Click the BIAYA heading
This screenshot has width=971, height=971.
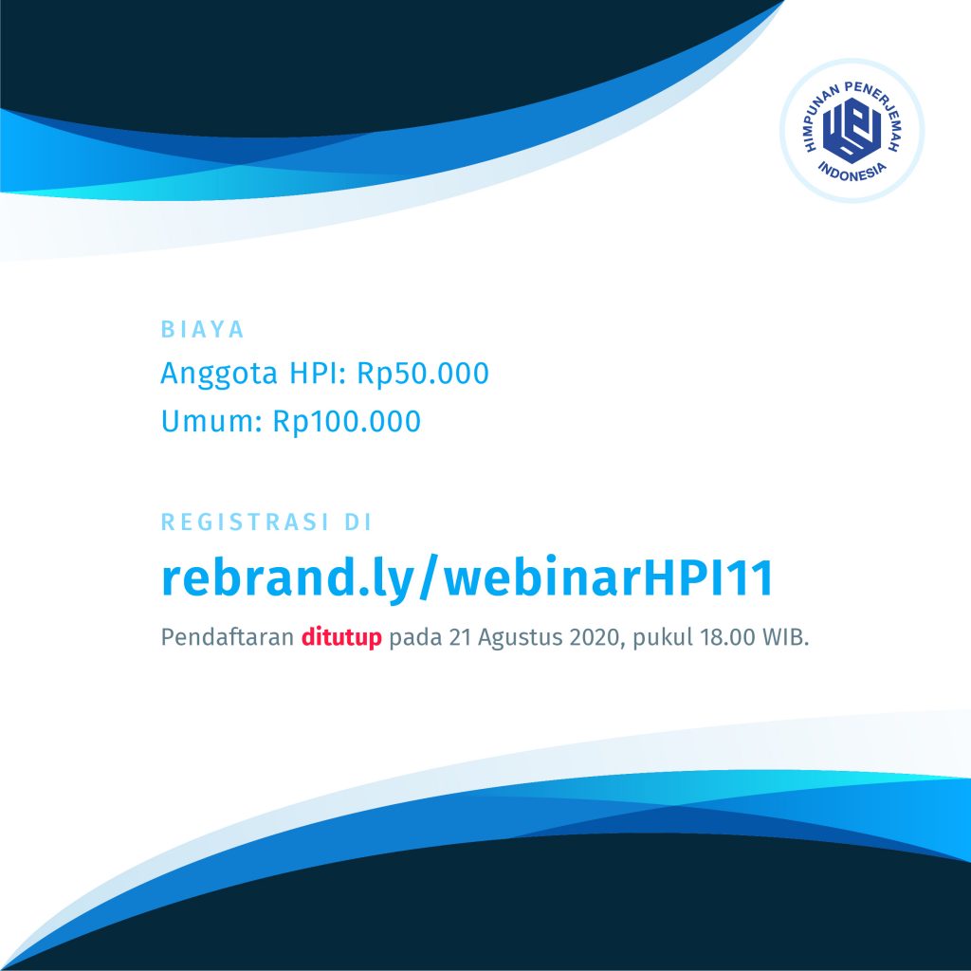[203, 329]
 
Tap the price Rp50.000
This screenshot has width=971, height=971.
[423, 373]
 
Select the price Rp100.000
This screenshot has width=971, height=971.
[347, 421]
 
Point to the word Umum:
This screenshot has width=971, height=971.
[211, 421]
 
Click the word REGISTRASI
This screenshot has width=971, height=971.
[246, 522]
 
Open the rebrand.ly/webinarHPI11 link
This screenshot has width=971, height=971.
[467, 578]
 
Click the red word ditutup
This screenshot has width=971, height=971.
[341, 637]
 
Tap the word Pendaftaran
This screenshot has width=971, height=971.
[228, 636]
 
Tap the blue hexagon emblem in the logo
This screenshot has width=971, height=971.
[852, 129]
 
